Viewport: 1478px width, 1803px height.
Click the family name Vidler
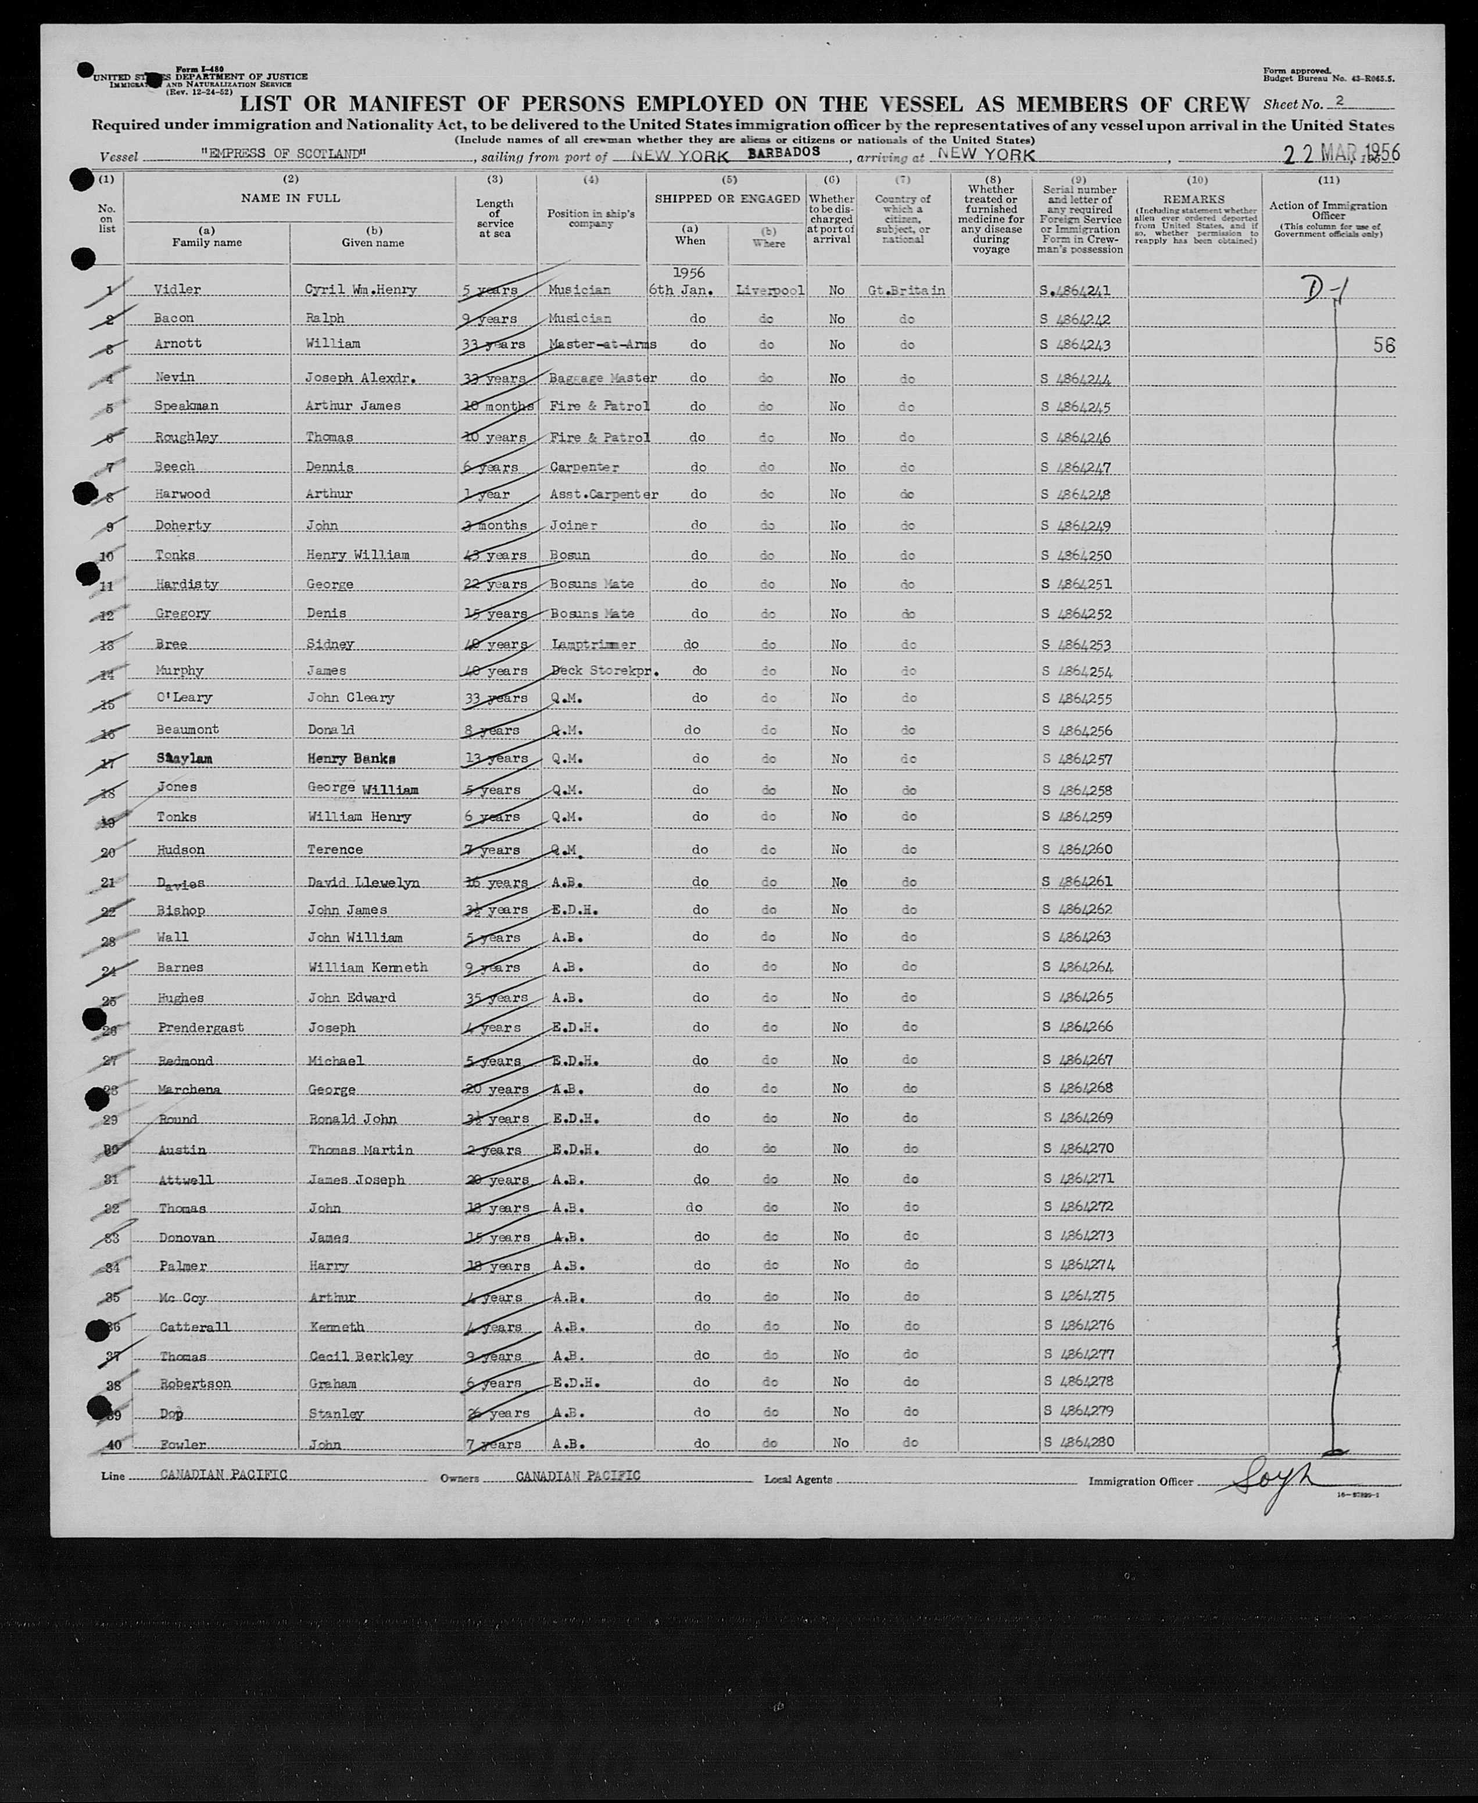(x=177, y=289)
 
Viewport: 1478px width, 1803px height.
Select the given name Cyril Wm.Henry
(x=360, y=289)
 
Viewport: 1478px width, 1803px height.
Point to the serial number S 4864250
(x=1077, y=555)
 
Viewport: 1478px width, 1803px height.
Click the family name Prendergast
(x=200, y=1028)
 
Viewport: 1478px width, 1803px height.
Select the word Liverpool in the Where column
(x=769, y=290)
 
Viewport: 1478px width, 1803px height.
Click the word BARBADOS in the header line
(x=783, y=152)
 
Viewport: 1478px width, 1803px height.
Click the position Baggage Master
(x=603, y=377)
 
